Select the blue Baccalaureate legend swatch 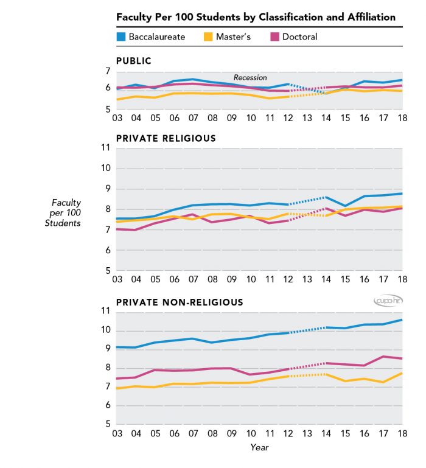click(121, 37)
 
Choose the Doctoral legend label click(300, 37)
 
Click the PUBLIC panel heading click(134, 61)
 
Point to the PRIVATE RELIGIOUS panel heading click(166, 138)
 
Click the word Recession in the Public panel click(250, 78)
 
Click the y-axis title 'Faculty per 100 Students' click(66, 213)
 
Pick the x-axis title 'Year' click(259, 447)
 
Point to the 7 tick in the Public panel click(108, 72)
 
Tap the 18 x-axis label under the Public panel click(402, 117)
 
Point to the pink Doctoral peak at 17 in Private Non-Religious click(383, 357)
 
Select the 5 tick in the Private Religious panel click(108, 271)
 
